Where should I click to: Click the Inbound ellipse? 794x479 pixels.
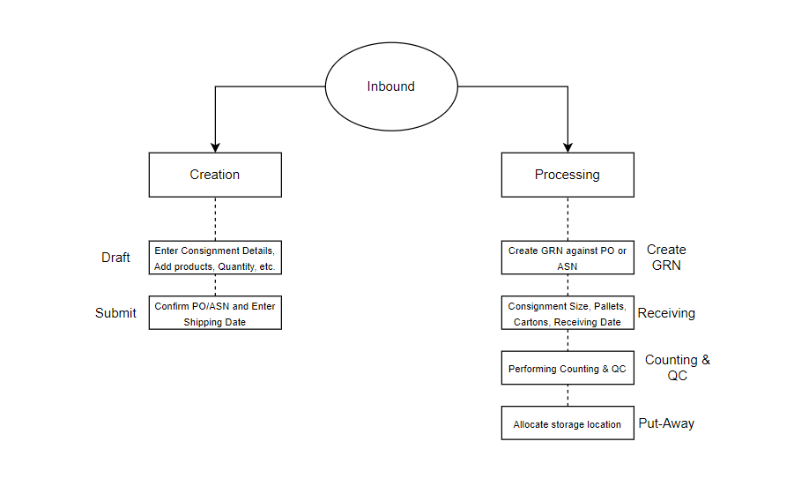[x=391, y=87]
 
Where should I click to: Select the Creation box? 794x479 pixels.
[x=215, y=175]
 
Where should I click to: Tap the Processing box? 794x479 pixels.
[x=568, y=175]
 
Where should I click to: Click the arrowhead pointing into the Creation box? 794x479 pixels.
[x=215, y=146]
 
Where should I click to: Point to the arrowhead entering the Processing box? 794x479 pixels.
[x=568, y=146]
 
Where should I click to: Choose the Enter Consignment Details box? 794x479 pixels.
[x=215, y=258]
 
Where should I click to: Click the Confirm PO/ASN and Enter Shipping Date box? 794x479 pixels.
[x=215, y=314]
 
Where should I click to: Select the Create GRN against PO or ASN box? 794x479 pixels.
[x=568, y=258]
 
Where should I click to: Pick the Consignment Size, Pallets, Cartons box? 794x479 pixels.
[x=568, y=314]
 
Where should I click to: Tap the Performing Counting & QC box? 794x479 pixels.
[x=568, y=369]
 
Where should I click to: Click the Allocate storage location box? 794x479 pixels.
[x=568, y=424]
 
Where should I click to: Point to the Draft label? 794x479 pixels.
[x=115, y=258]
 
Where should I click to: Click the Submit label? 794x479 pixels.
[x=115, y=313]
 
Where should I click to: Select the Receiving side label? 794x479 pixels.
[x=666, y=313]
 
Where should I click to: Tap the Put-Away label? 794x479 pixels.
[x=666, y=423]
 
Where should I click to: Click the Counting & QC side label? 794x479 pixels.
[x=677, y=368]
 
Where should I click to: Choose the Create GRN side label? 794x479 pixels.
[x=666, y=258]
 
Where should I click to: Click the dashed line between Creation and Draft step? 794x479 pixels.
[x=215, y=219]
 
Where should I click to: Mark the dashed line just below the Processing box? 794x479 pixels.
[x=568, y=219]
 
